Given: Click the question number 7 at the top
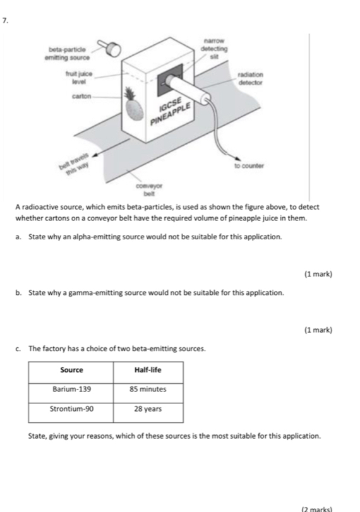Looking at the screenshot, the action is click(5, 20).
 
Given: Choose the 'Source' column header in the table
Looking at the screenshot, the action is click(71, 369).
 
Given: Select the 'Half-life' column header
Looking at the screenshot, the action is click(148, 369).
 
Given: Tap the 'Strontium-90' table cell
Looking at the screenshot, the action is click(71, 409).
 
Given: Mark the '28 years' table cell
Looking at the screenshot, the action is click(148, 409).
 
